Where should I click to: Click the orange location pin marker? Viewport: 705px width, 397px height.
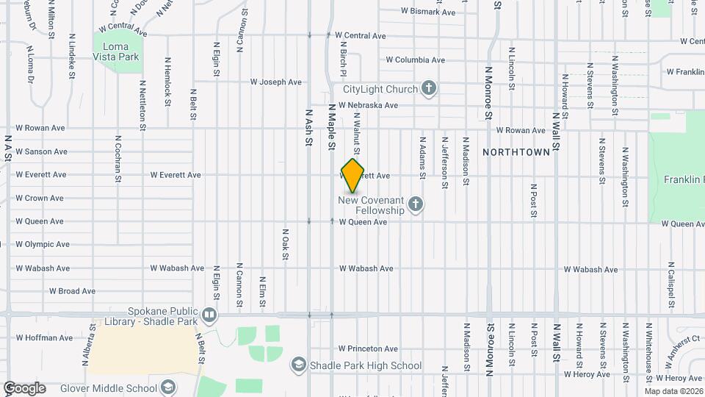pos(353,175)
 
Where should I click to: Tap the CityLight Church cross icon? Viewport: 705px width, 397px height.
pos(430,90)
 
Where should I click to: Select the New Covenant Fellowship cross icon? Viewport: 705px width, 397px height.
pos(416,204)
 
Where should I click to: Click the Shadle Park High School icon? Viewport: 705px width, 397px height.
pos(299,365)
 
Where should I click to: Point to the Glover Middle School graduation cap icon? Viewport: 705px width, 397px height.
pos(168,387)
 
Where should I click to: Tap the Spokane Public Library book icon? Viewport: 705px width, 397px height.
pos(209,316)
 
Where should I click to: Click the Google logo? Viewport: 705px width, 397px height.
pos(24,388)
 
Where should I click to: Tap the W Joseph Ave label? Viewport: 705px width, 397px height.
pos(276,82)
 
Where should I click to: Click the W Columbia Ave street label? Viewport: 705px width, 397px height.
pos(415,60)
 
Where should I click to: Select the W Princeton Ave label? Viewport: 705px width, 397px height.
pos(368,348)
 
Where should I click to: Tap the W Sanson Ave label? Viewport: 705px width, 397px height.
pos(40,151)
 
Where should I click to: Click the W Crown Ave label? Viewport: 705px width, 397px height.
pos(40,198)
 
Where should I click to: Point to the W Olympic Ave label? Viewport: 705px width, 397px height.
pos(43,245)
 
